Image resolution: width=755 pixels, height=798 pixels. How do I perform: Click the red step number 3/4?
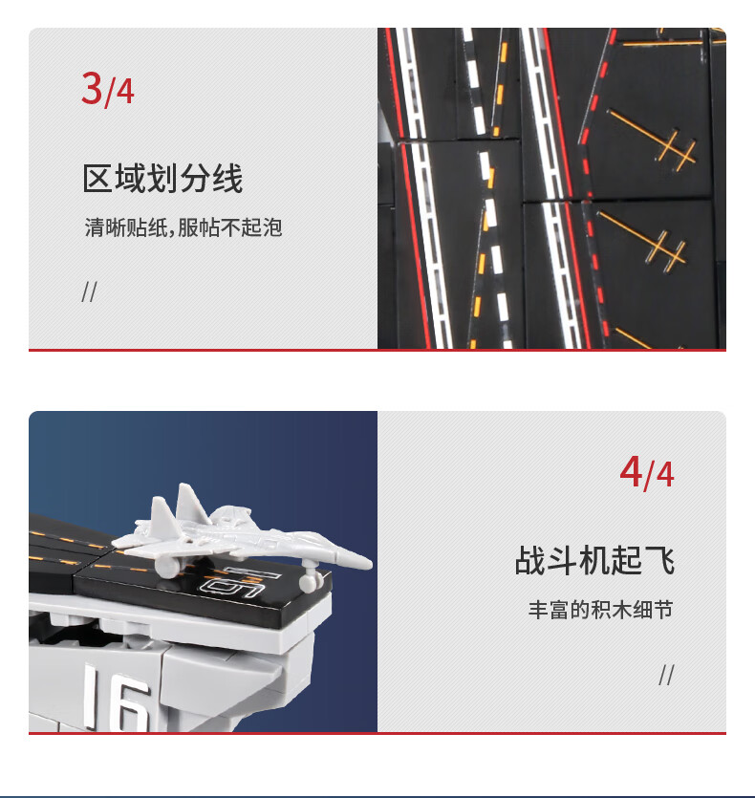click(x=108, y=89)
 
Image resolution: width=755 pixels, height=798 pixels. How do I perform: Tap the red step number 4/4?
click(x=647, y=472)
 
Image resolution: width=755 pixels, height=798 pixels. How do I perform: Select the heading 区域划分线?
click(x=162, y=178)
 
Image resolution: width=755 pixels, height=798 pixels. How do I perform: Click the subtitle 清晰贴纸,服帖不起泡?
click(x=183, y=227)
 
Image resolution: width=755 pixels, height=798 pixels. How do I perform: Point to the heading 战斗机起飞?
click(x=594, y=560)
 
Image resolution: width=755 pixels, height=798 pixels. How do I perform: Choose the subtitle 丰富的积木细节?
click(x=601, y=609)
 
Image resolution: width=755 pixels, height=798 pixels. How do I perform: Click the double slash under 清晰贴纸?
click(x=89, y=291)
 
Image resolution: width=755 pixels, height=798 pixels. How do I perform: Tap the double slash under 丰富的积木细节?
click(x=666, y=675)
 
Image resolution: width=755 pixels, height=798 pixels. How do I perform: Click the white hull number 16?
click(x=117, y=698)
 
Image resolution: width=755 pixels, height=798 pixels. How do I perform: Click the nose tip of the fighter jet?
click(x=370, y=563)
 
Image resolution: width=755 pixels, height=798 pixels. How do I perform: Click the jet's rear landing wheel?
click(x=166, y=568)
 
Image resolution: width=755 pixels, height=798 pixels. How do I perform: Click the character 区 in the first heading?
click(x=97, y=178)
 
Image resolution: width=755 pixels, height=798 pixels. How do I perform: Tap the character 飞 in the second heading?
click(x=659, y=560)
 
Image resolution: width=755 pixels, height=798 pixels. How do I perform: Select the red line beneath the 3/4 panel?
click(x=377, y=350)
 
